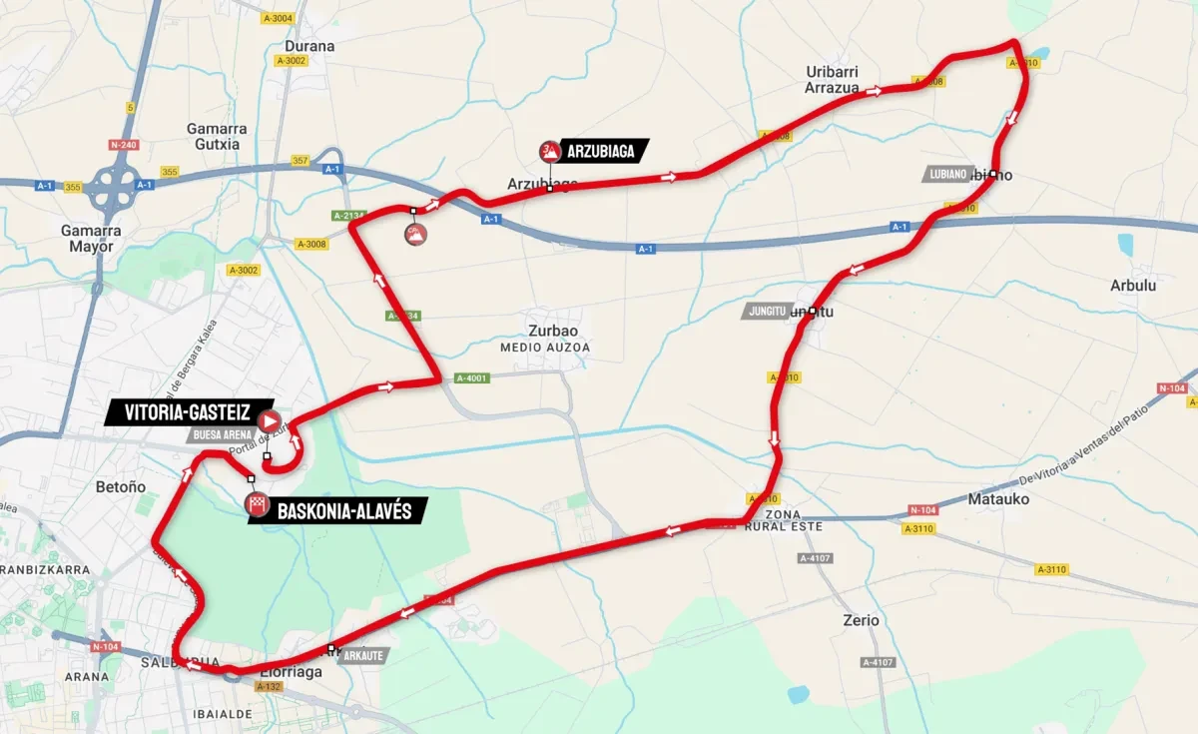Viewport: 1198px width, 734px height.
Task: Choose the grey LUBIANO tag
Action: coord(946,174)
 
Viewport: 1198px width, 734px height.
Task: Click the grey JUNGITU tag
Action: coord(766,312)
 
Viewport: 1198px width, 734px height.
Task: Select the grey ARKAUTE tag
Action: coord(359,656)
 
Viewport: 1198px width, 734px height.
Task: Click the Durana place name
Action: coord(309,46)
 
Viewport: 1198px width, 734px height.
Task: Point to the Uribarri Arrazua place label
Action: coord(832,80)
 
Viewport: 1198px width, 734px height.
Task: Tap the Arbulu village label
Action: coord(1132,286)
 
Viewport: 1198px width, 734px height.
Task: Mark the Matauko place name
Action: coord(1005,498)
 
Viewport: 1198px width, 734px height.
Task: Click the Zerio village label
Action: coord(861,620)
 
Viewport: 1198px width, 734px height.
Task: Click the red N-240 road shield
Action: coord(123,145)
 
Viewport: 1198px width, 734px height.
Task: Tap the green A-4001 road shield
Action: coord(472,378)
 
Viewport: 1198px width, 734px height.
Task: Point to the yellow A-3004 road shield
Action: coord(278,18)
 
